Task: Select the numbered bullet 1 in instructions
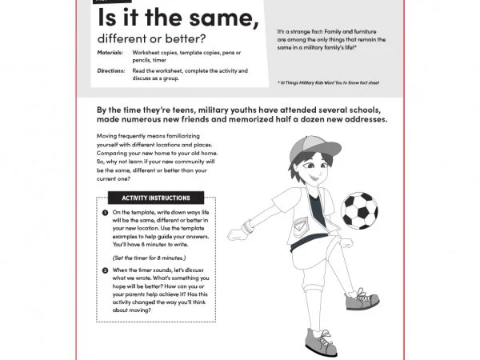point(106,212)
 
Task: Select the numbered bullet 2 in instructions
point(106,270)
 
